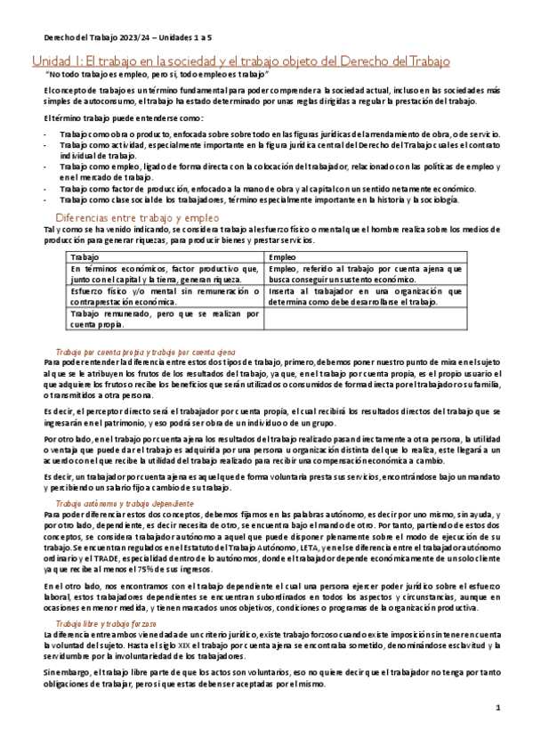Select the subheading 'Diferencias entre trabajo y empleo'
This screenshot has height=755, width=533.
click(137, 217)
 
